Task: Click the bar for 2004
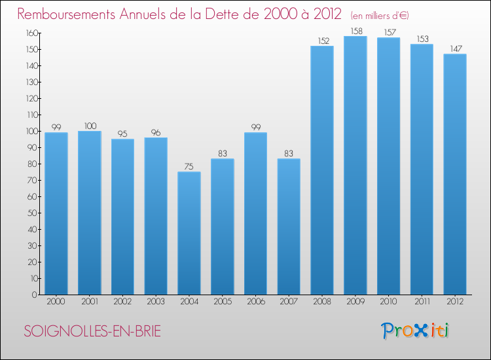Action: [189, 233]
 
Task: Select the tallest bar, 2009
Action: [355, 165]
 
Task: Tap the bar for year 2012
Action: [455, 174]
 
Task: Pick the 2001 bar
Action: [90, 213]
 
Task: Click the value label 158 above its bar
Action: [355, 31]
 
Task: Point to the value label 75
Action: [189, 167]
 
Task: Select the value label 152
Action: [322, 41]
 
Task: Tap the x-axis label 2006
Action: [255, 302]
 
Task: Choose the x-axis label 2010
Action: [388, 302]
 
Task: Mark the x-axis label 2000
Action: [56, 302]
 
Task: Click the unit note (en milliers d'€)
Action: [380, 15]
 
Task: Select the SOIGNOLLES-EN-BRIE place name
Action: [92, 331]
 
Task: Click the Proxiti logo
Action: [414, 331]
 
